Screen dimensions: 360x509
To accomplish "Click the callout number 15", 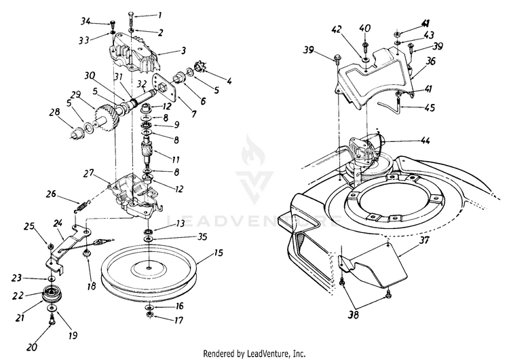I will pos(218,253).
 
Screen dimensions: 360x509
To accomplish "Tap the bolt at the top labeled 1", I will pos(129,18).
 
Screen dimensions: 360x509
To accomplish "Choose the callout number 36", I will pos(429,61).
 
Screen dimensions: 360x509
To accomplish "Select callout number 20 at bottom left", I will pos(30,329).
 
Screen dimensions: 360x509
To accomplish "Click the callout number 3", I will pos(183,51).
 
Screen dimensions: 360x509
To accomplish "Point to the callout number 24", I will pos(58,222).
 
